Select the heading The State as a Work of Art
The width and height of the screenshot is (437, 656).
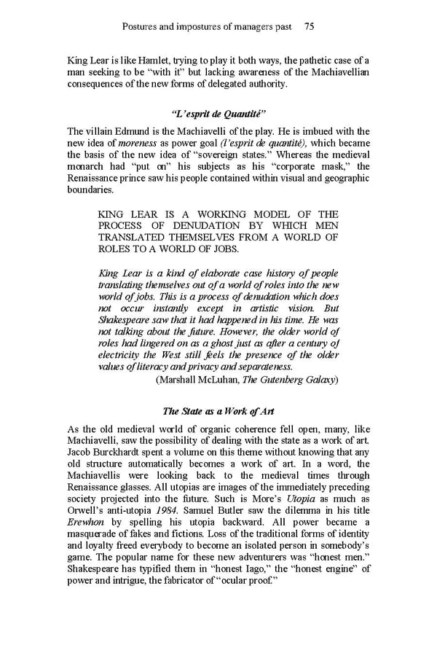[219, 411]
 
